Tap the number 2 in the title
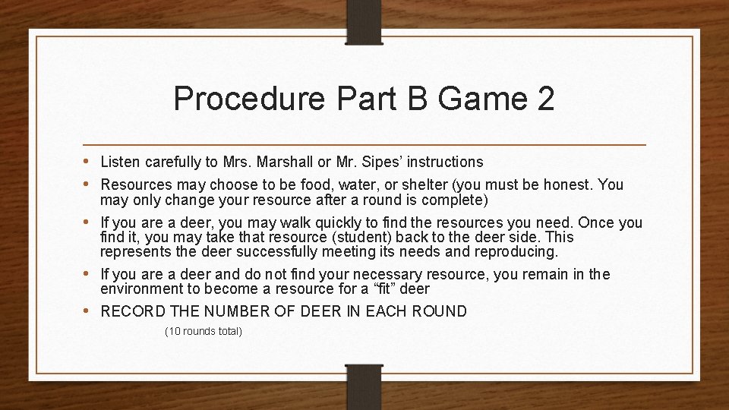coord(545,99)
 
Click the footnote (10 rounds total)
coord(204,332)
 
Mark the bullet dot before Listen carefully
coord(89,162)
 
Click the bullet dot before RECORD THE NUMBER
coord(89,311)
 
